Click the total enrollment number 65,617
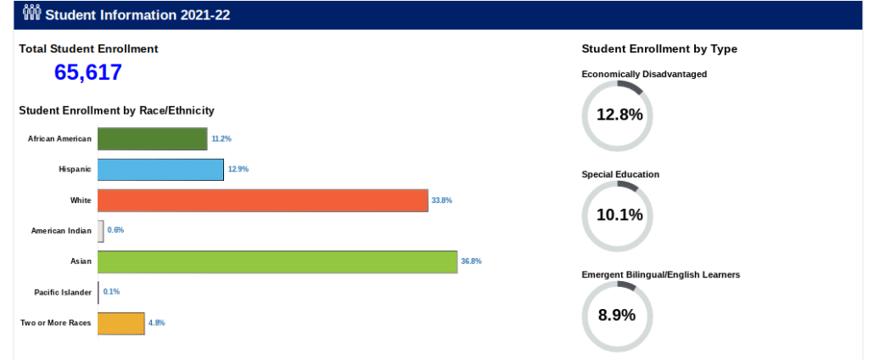(88, 73)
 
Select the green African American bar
(153, 138)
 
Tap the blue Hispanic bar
(160, 169)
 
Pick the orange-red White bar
(262, 200)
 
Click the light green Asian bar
(278, 262)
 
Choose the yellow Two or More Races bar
(121, 323)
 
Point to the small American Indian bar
(101, 231)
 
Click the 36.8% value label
(471, 262)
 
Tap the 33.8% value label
(441, 200)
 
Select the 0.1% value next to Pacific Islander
(111, 292)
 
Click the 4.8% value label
(156, 323)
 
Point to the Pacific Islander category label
(62, 292)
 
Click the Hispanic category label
(75, 170)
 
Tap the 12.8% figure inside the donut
(620, 115)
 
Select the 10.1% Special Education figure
(620, 215)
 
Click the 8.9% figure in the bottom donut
(617, 315)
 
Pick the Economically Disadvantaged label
(644, 75)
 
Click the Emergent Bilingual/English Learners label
(661, 275)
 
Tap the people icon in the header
(31, 14)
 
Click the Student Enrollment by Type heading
(659, 49)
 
